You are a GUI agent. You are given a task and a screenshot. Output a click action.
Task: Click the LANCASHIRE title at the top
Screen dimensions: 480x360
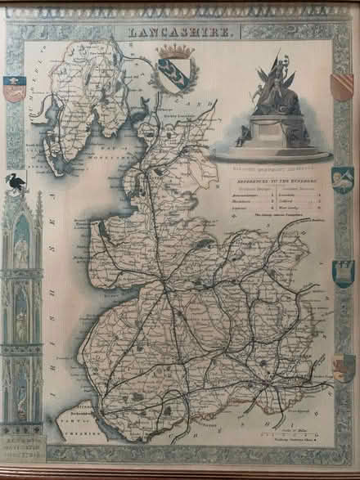pyautogui.click(x=181, y=30)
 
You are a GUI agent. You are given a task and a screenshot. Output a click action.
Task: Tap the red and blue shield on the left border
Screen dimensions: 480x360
pyautogui.click(x=14, y=87)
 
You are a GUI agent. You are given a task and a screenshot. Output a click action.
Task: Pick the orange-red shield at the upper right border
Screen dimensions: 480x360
pyautogui.click(x=342, y=86)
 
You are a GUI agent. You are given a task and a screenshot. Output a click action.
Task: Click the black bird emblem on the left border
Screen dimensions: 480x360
pyautogui.click(x=15, y=184)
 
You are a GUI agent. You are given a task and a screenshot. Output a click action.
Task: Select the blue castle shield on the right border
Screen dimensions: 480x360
pyautogui.click(x=343, y=273)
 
